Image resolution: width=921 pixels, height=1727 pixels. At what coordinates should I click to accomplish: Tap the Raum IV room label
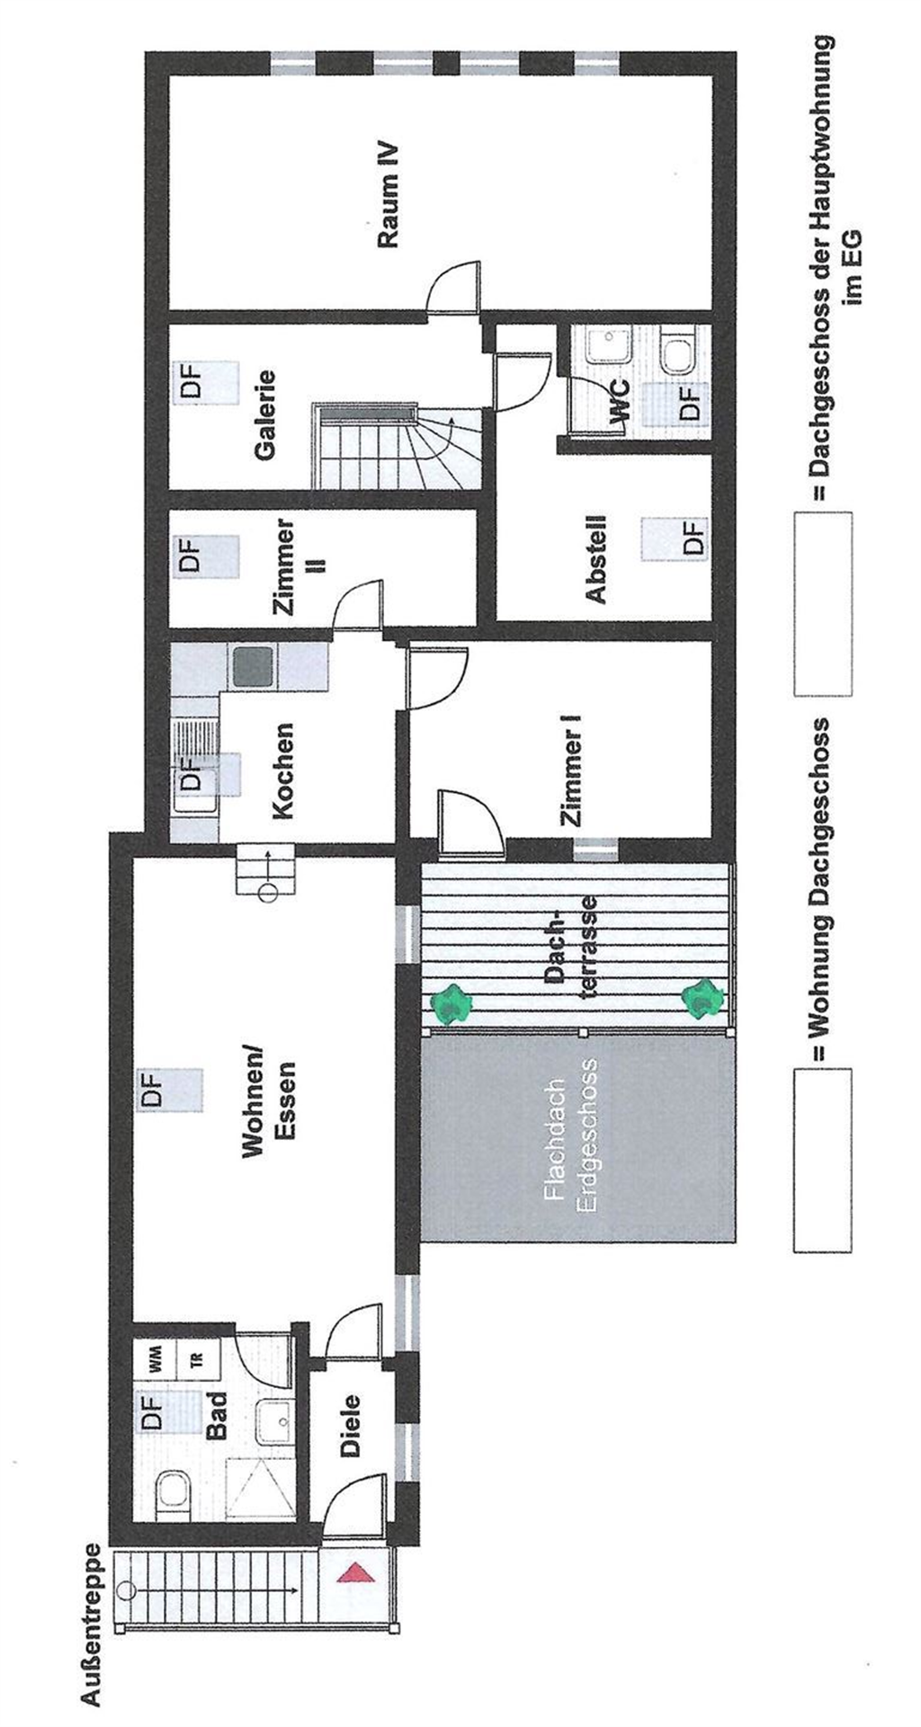pos(389,195)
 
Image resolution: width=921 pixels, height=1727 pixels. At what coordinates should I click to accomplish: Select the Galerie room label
pos(264,415)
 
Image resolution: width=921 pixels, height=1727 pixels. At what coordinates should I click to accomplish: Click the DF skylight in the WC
pos(688,402)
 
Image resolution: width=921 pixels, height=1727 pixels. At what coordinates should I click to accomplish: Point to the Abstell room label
pos(595,558)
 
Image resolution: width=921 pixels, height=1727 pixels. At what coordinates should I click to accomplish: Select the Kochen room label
pos(283,770)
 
